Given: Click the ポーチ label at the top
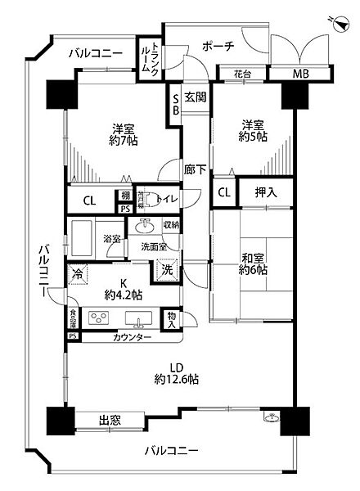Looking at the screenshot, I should point(218,47).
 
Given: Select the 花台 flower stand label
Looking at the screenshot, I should point(242,74).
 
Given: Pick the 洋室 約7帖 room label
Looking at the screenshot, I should point(124,133).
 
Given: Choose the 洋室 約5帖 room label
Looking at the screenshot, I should point(253,131).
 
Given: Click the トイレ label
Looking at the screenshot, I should point(165,196).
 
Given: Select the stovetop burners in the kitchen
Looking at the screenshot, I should point(99,318).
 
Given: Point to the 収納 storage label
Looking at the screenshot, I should point(170,224).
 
